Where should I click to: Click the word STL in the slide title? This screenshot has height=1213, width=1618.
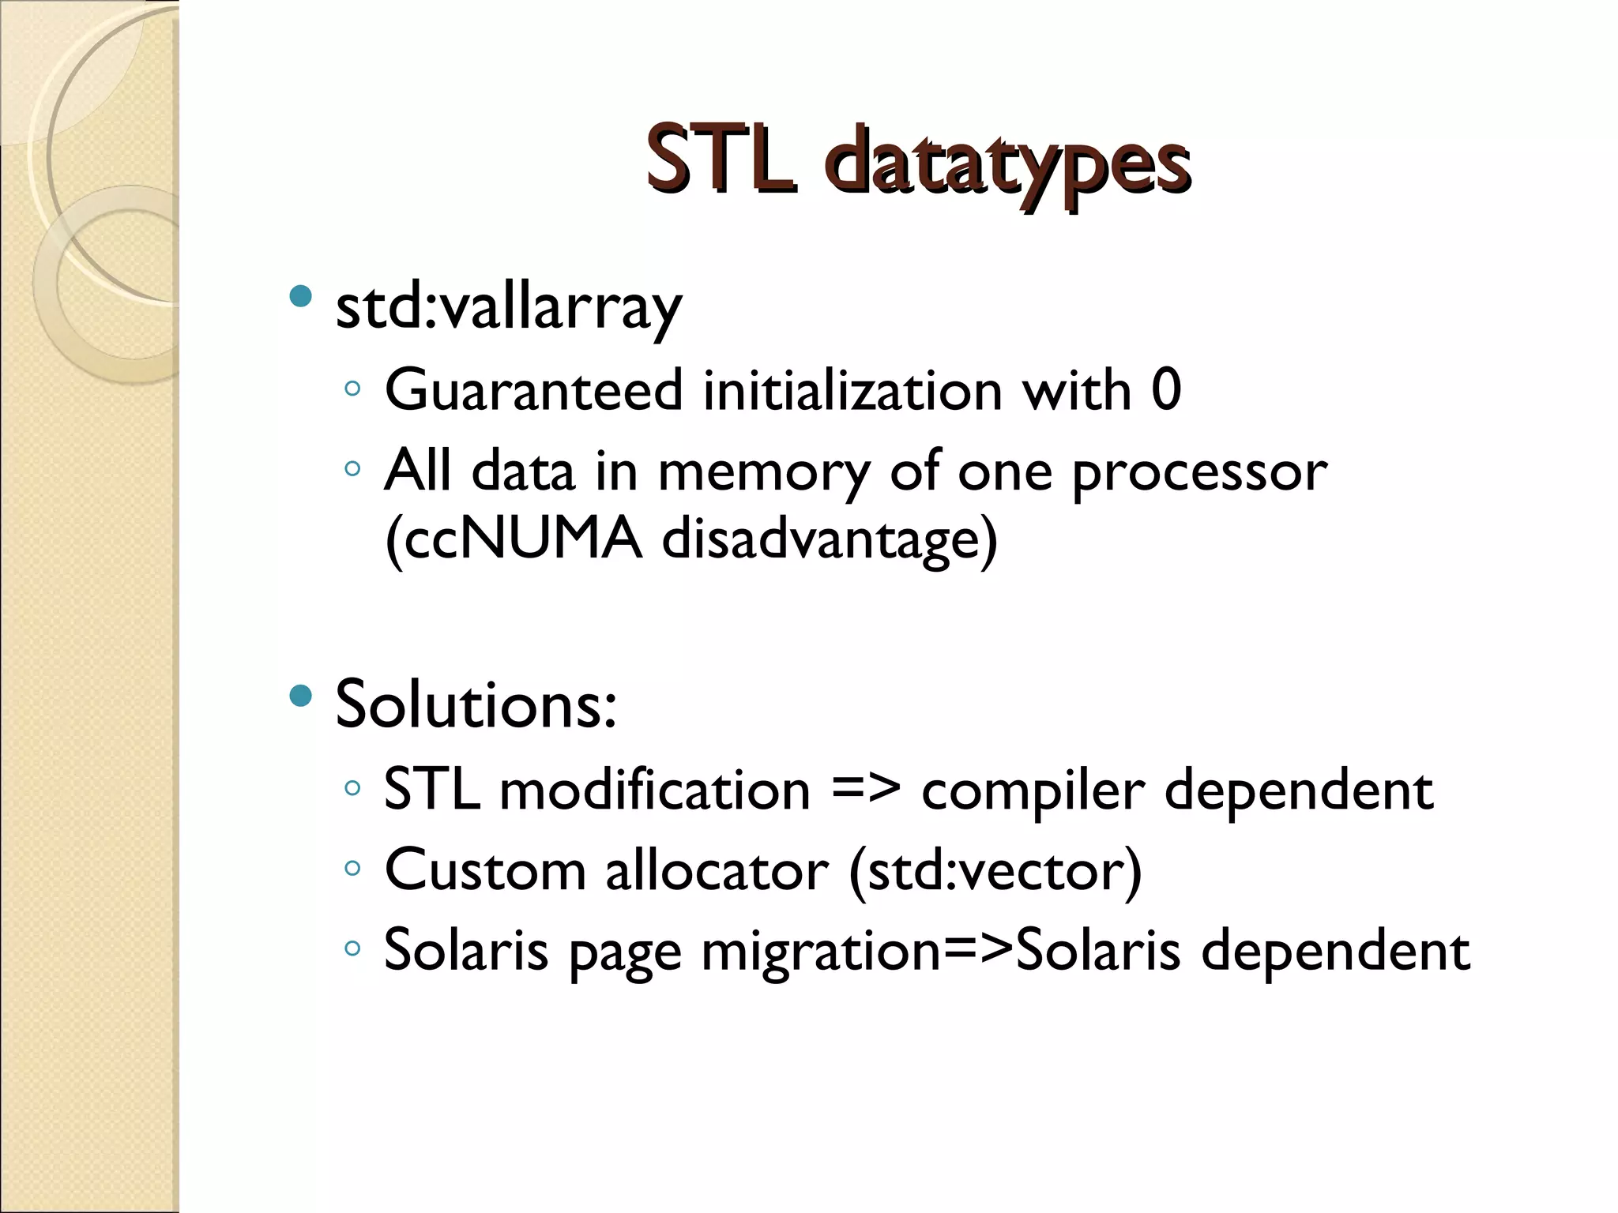[x=721, y=160]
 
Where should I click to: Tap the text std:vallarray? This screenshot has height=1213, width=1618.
[x=508, y=307]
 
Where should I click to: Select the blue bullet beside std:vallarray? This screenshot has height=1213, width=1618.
[x=301, y=298]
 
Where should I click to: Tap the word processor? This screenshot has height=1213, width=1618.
[x=1199, y=473]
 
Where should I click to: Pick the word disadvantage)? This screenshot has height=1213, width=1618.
[x=830, y=542]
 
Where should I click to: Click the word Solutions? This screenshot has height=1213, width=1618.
[x=476, y=704]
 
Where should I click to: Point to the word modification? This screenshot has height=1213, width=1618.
[x=655, y=791]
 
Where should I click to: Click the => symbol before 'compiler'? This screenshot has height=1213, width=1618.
[x=865, y=791]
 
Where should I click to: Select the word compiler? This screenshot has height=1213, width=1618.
[x=1033, y=792]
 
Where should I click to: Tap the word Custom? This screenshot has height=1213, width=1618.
[x=485, y=869]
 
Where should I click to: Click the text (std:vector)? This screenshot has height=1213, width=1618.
[x=995, y=871]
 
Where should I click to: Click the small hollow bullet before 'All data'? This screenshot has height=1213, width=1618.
[x=352, y=470]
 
